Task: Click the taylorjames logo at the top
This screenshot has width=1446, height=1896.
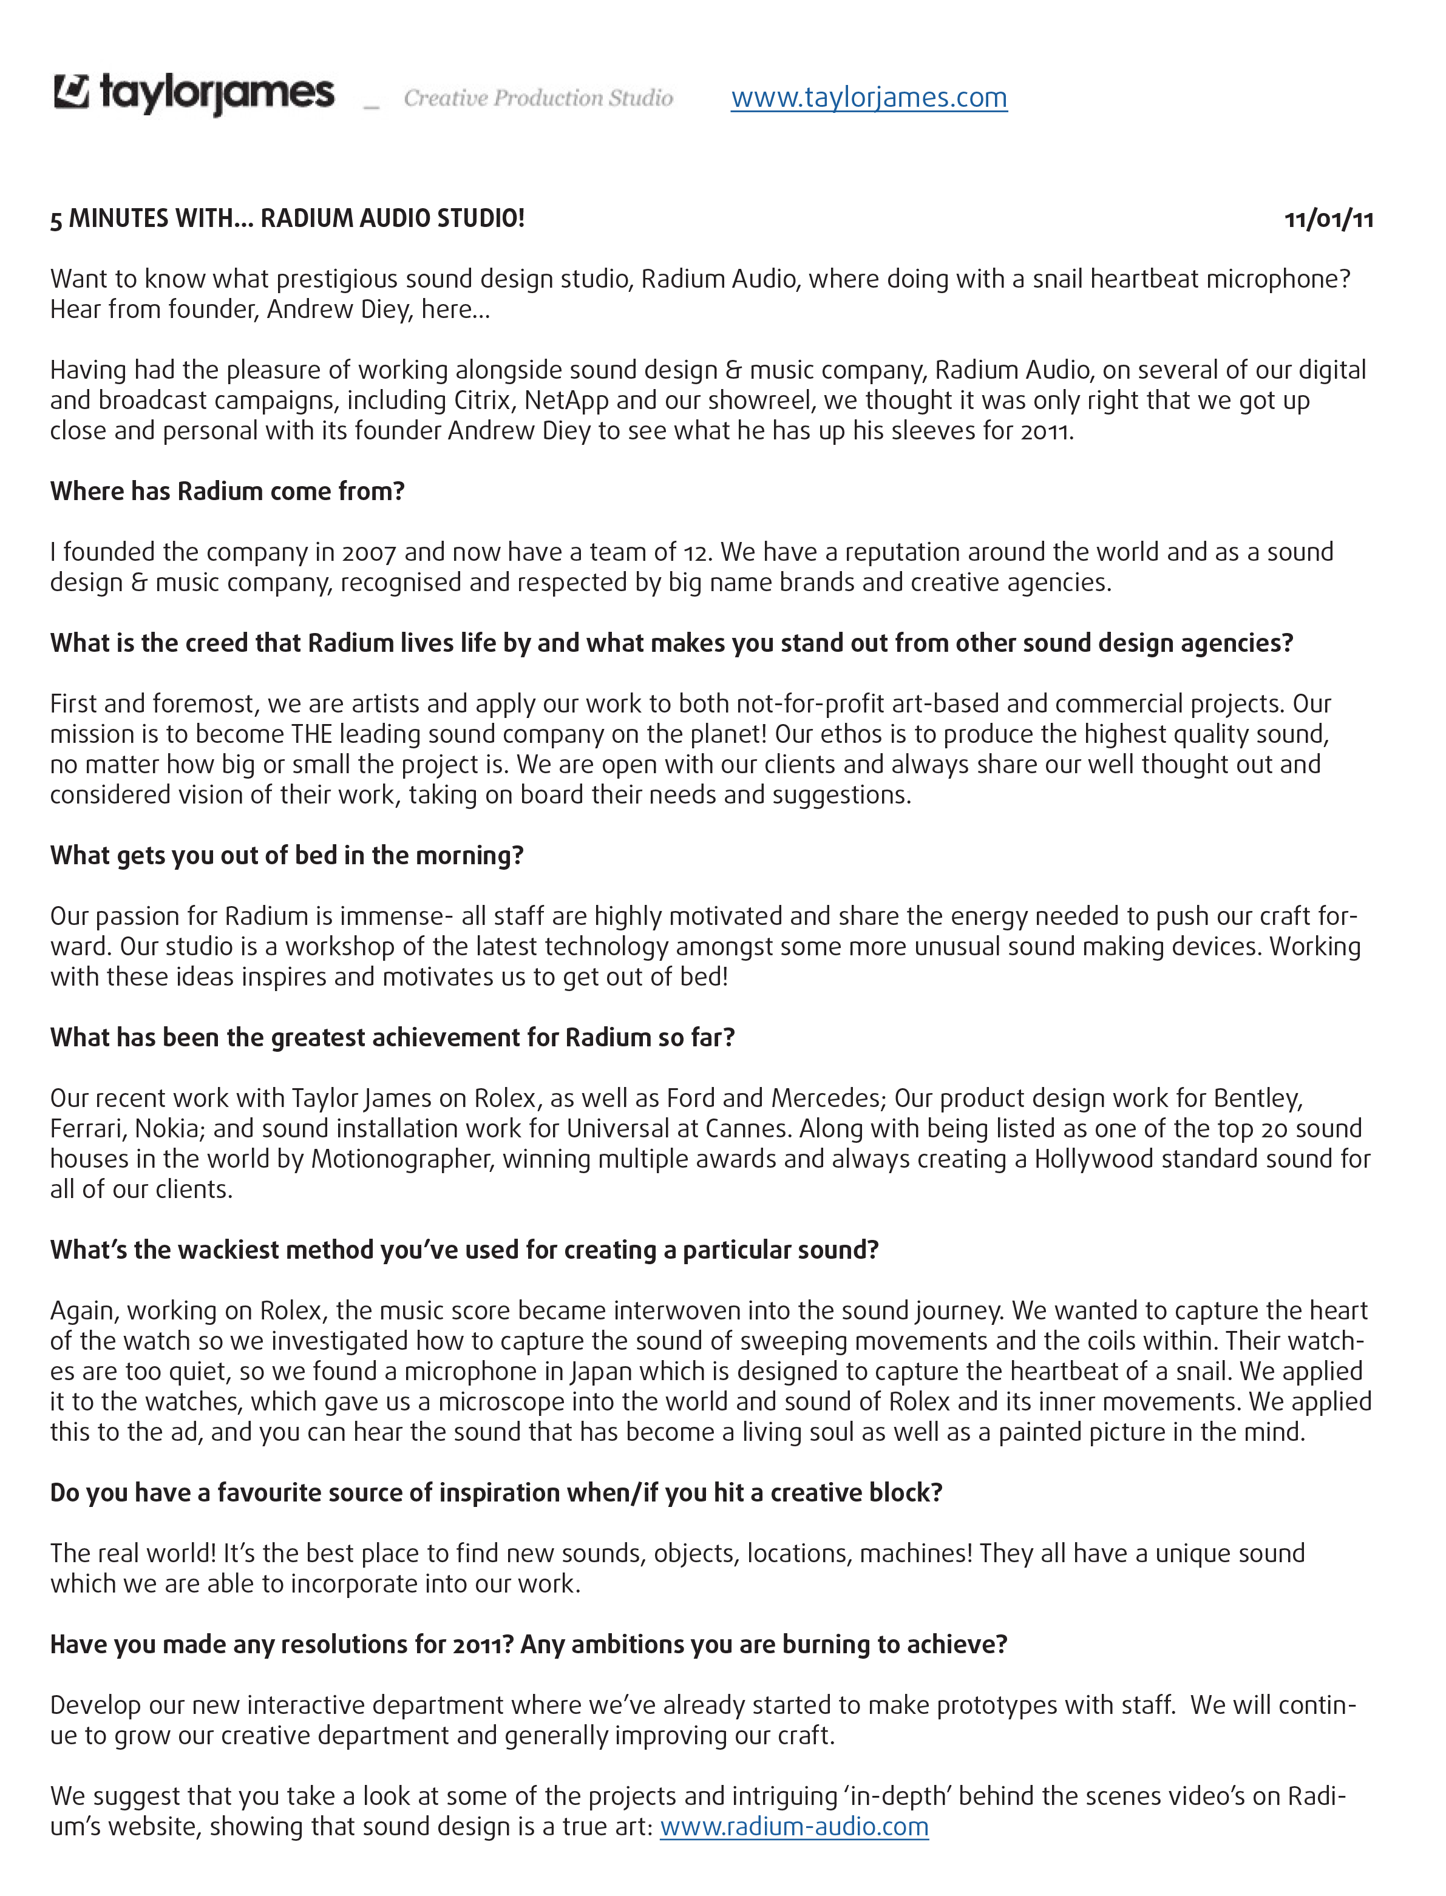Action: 194,93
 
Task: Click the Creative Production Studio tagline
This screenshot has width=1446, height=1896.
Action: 538,98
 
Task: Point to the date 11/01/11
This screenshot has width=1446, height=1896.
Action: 1328,220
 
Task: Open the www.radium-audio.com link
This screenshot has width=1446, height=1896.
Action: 793,1826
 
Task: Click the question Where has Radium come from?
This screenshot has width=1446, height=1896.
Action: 227,492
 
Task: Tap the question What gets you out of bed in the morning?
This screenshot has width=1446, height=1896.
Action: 287,856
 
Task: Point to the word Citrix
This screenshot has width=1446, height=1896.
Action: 484,400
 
